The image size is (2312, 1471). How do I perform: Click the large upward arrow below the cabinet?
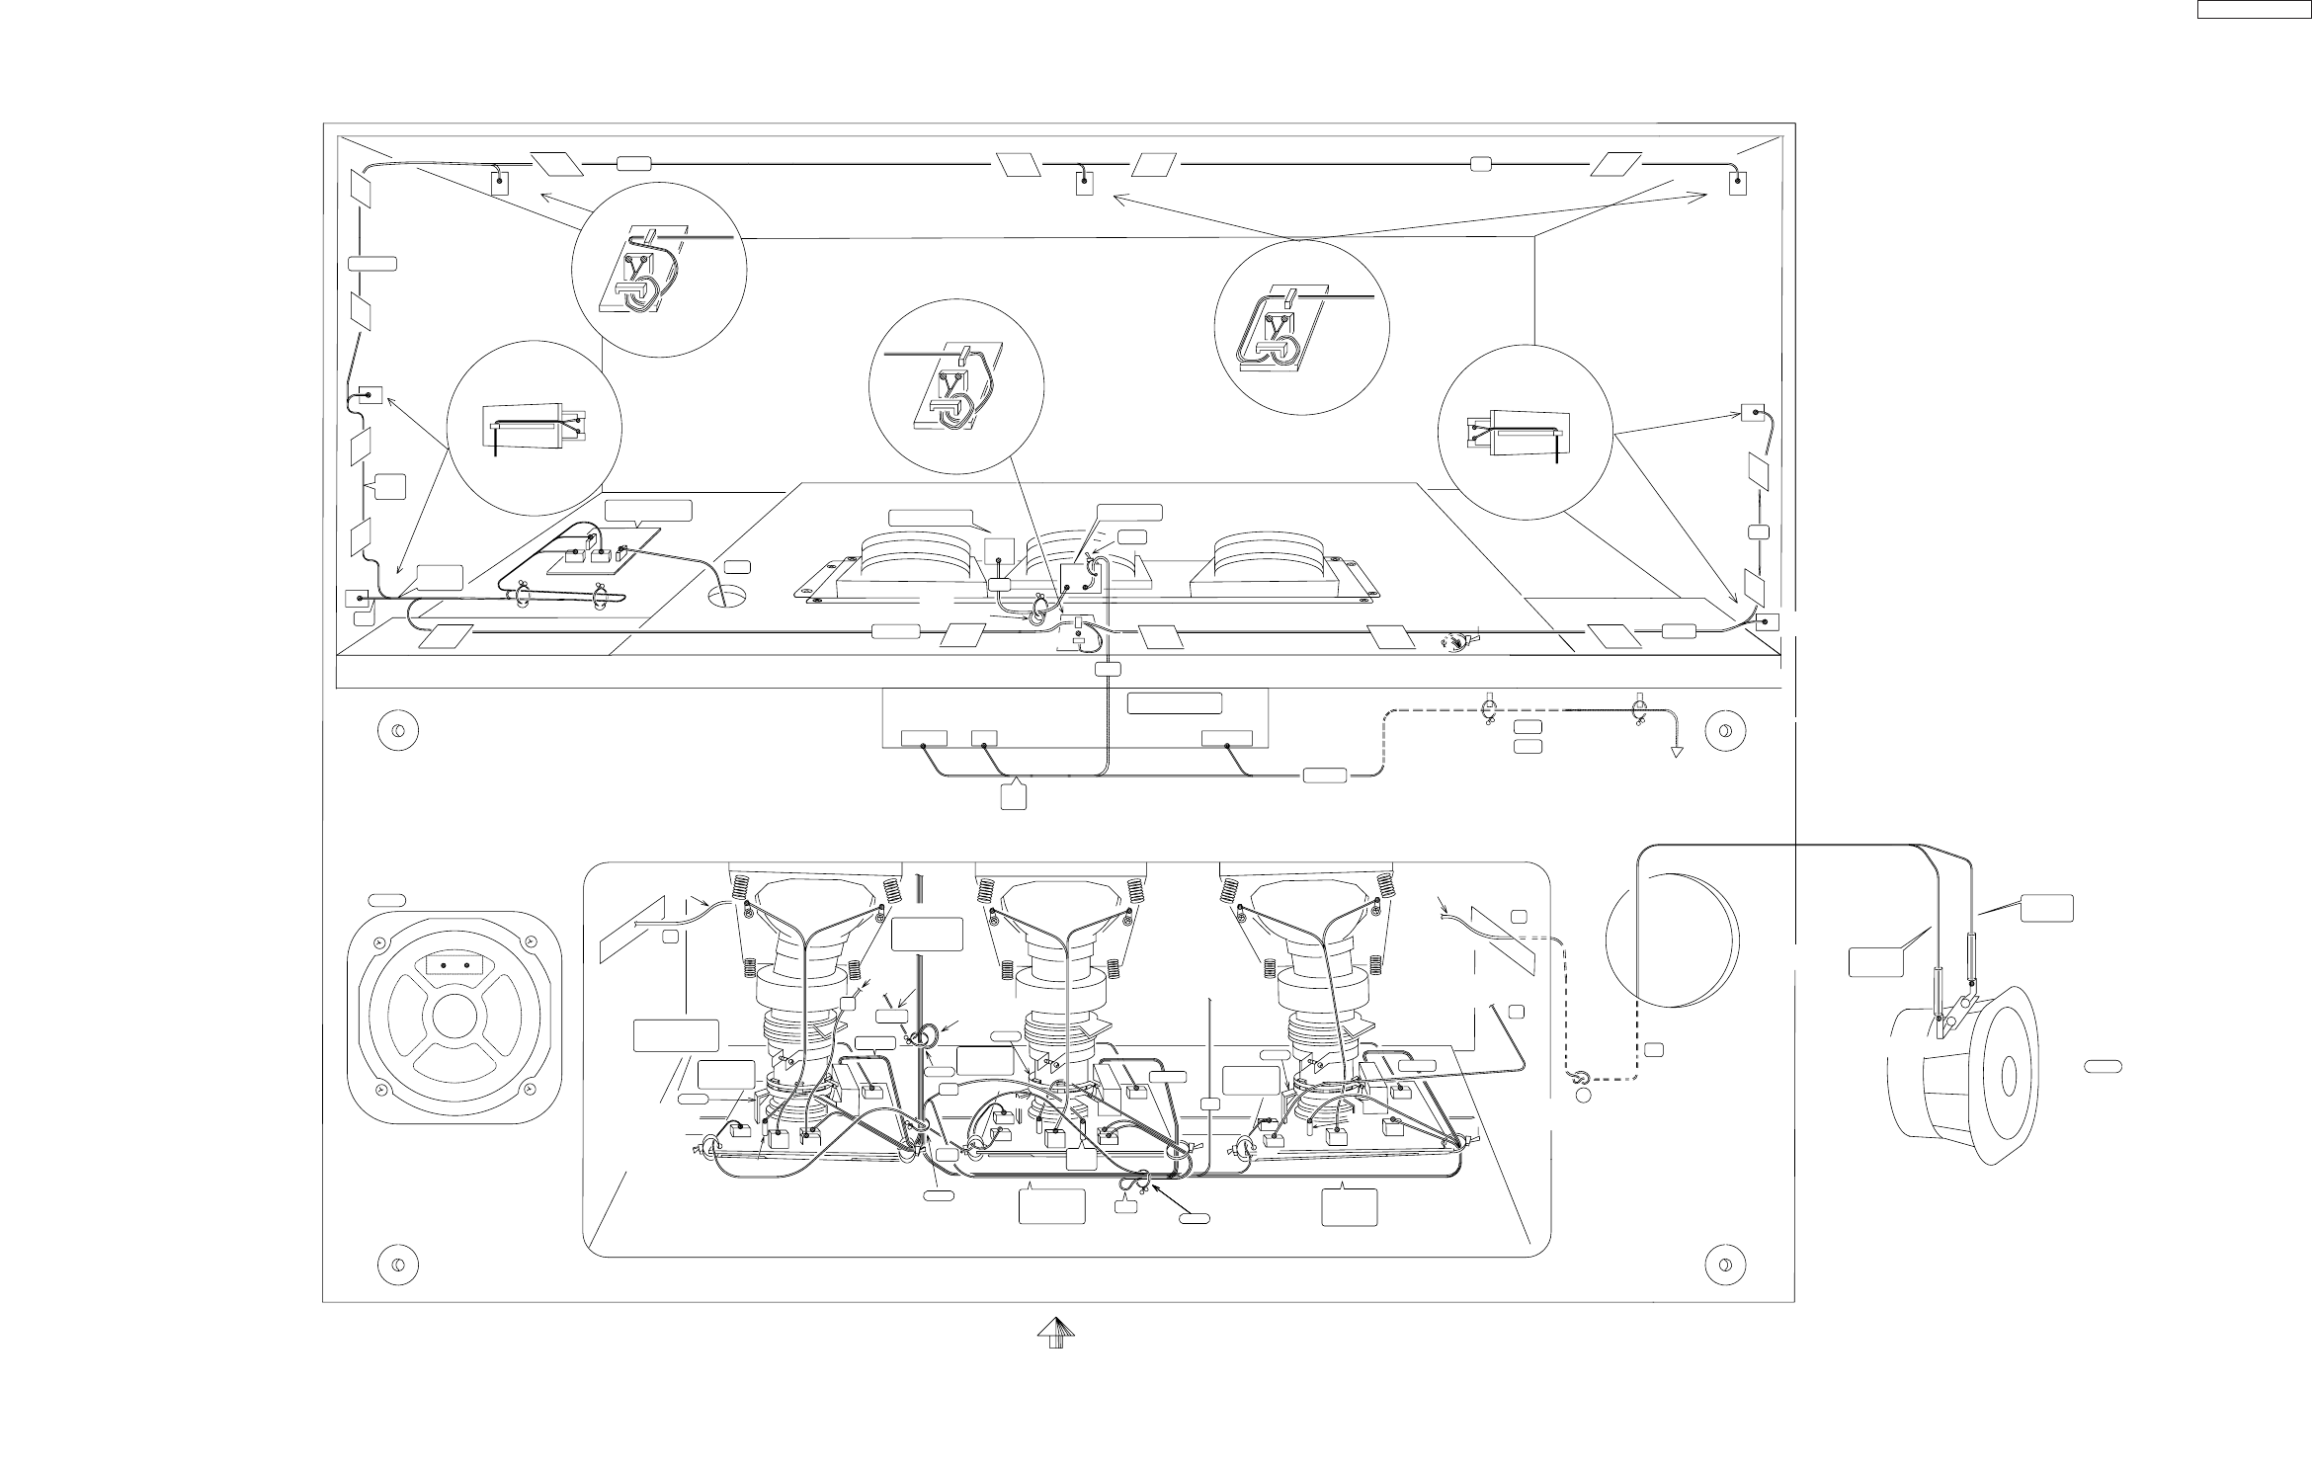pos(1055,1335)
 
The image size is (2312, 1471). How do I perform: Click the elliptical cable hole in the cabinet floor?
pos(730,597)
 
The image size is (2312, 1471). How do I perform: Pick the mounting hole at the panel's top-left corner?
pos(397,731)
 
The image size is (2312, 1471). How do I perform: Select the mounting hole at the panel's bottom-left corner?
pos(397,1266)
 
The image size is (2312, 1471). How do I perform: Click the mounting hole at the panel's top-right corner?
pos(1724,731)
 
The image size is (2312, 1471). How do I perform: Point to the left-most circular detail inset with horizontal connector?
pos(535,429)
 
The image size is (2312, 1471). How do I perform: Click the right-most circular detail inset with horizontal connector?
pos(1525,432)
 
